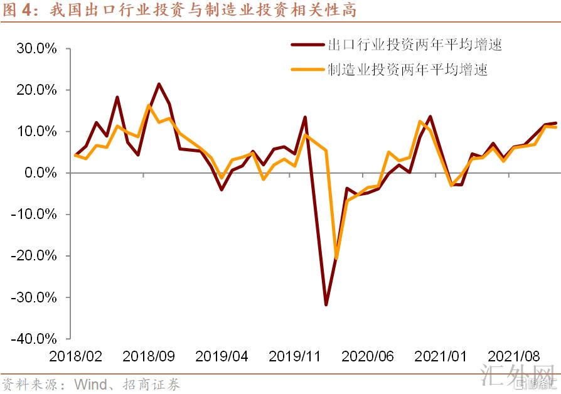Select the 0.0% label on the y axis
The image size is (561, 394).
38,173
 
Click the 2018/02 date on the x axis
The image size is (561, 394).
75,356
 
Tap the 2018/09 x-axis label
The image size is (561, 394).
148,356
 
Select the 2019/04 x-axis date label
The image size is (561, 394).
222,356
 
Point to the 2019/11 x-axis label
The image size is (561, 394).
295,356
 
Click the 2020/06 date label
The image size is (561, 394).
368,356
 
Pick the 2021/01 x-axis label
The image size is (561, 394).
441,356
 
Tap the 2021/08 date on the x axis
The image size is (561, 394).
514,356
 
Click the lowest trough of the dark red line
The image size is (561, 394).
326,305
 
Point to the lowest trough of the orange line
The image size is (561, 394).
336,258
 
